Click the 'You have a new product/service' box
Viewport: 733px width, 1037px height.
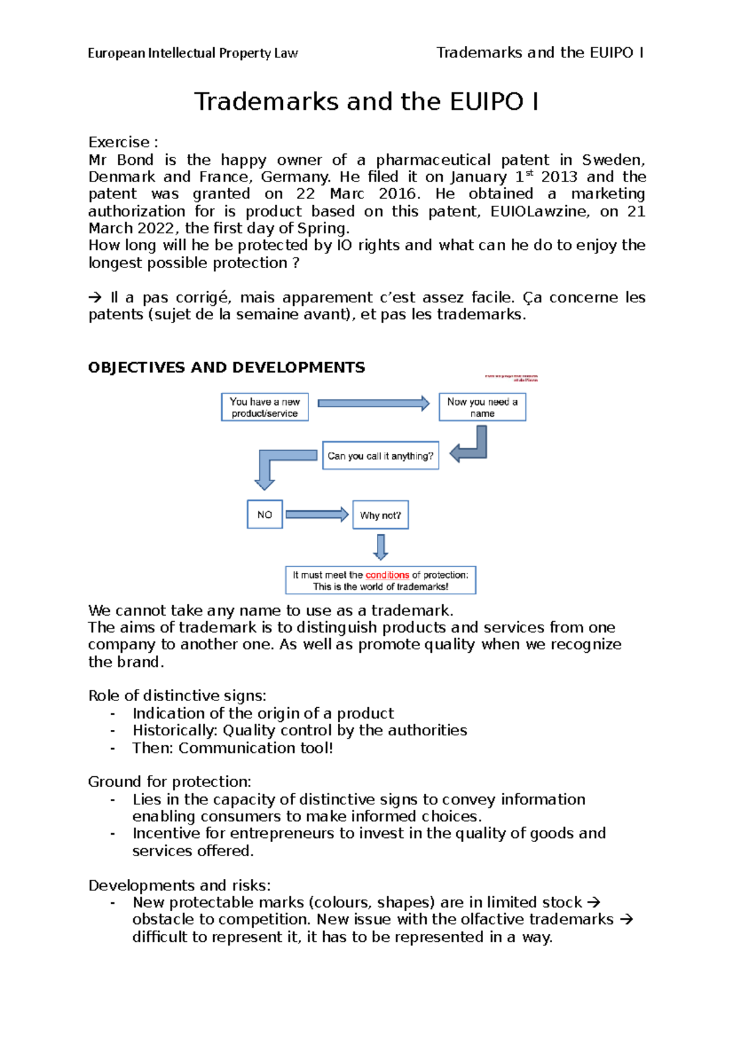point(264,407)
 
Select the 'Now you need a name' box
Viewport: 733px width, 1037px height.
point(482,407)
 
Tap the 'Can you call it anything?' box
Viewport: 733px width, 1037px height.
point(380,456)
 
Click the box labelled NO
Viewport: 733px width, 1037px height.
point(264,514)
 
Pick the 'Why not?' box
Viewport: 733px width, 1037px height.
point(380,515)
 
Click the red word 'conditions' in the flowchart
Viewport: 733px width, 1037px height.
point(387,575)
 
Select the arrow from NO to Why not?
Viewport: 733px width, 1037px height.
point(316,514)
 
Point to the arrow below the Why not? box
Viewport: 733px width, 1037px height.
point(381,547)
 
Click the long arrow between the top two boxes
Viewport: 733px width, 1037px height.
point(373,403)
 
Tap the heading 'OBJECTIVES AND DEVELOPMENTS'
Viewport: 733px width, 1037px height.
point(226,368)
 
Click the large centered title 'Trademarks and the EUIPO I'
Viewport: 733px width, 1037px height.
point(366,101)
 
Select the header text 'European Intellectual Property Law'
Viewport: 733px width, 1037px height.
point(192,53)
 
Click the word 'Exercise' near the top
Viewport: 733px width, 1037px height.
point(119,142)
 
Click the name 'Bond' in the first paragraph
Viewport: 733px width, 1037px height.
point(135,160)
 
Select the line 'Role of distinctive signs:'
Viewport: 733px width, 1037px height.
point(177,696)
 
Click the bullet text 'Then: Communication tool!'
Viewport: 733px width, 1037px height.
point(233,748)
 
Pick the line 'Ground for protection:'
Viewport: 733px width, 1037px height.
point(169,782)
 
